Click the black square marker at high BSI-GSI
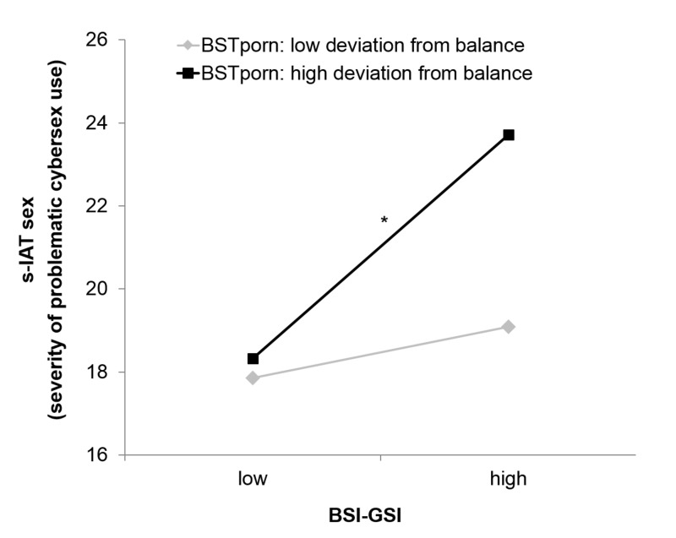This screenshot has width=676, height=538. coord(508,135)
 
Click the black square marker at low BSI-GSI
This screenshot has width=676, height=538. coord(253,359)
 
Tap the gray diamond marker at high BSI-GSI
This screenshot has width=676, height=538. coord(508,327)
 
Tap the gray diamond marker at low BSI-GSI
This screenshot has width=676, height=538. coord(253,378)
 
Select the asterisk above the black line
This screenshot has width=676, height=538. coord(384,221)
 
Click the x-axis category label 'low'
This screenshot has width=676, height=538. coord(253,480)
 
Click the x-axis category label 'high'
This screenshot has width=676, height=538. coord(508,480)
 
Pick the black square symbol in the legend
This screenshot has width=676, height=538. coord(185,73)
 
